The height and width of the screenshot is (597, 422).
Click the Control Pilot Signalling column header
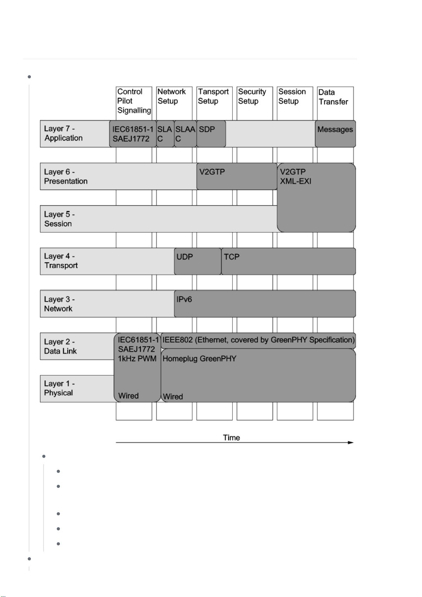pyautogui.click(x=134, y=101)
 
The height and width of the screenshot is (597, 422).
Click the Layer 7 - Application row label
pyautogui.click(x=63, y=134)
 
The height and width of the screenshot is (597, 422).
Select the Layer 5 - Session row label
pyautogui.click(x=59, y=219)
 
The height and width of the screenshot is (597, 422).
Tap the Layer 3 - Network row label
pyautogui.click(x=59, y=304)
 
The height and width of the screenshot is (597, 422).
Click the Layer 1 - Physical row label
pyautogui.click(x=59, y=388)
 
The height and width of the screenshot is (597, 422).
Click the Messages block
pyautogui.click(x=335, y=130)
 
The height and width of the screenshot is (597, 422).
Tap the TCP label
pyautogui.click(x=232, y=257)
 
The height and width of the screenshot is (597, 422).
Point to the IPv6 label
pyautogui.click(x=184, y=299)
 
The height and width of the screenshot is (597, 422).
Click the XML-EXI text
pyautogui.click(x=296, y=181)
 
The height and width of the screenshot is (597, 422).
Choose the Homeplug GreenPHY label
pyautogui.click(x=199, y=359)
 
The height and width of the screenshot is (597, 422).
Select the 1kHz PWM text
pyautogui.click(x=137, y=359)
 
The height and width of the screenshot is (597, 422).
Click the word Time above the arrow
pyautogui.click(x=231, y=438)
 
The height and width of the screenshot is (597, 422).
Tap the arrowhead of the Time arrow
pyautogui.click(x=351, y=443)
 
